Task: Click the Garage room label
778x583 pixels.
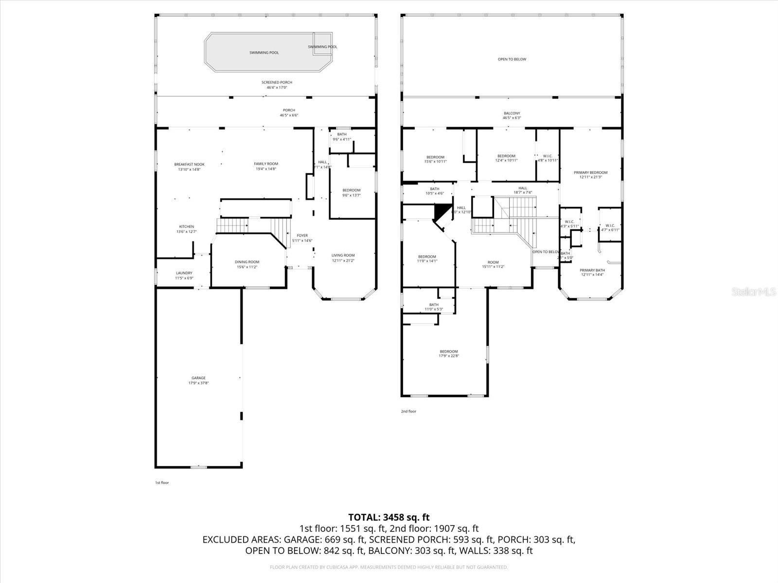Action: (x=198, y=378)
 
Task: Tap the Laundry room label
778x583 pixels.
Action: (x=184, y=273)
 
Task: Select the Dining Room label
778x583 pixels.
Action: (x=248, y=262)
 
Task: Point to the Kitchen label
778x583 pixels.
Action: (x=187, y=227)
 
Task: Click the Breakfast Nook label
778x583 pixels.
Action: (x=190, y=164)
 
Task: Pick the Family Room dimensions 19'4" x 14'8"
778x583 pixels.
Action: (x=266, y=169)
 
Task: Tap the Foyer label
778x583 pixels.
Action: (x=302, y=236)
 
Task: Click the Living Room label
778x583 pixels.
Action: (x=343, y=255)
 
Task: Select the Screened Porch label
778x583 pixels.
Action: (x=277, y=83)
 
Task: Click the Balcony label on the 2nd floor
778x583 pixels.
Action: (x=512, y=113)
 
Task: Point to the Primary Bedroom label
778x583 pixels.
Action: (x=591, y=172)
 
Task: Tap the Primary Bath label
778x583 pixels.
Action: (x=592, y=270)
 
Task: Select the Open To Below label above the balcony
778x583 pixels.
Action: (x=512, y=59)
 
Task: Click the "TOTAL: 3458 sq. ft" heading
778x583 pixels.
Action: (x=389, y=517)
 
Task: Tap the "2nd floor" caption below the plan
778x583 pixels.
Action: (x=408, y=412)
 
